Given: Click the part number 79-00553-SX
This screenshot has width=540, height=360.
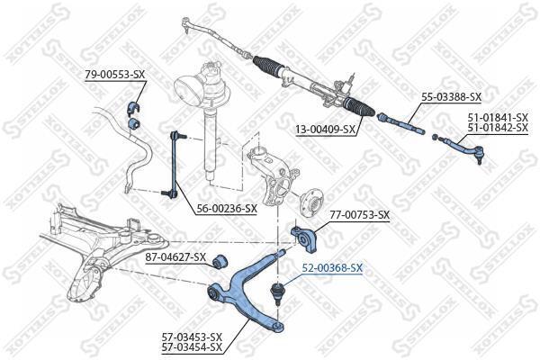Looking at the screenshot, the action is [115, 75].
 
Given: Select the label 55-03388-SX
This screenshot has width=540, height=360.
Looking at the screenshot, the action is [452, 97].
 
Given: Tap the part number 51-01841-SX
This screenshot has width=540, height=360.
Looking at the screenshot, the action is [498, 118].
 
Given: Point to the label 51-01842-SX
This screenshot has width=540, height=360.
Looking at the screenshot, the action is [498, 128].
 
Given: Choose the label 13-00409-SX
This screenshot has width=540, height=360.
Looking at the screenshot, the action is [326, 130].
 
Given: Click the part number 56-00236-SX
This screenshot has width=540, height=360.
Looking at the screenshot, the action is [227, 208].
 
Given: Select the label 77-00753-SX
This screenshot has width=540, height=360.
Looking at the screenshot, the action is [359, 215].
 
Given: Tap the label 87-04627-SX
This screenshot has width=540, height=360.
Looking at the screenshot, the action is [175, 257].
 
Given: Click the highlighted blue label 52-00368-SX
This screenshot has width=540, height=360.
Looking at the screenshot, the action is [332, 267].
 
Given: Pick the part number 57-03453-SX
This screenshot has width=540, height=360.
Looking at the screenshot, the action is [193, 337].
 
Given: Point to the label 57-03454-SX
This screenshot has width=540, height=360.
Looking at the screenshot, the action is [193, 346].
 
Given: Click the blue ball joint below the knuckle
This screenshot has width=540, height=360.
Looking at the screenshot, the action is [276, 292].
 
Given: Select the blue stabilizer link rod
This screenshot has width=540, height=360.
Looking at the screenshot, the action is [175, 165].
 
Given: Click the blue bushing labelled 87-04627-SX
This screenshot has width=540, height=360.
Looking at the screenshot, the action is [220, 262].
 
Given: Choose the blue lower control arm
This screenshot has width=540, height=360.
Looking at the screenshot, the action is [247, 291].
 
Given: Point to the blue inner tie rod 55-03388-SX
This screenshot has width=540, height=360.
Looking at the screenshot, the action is [400, 122].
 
